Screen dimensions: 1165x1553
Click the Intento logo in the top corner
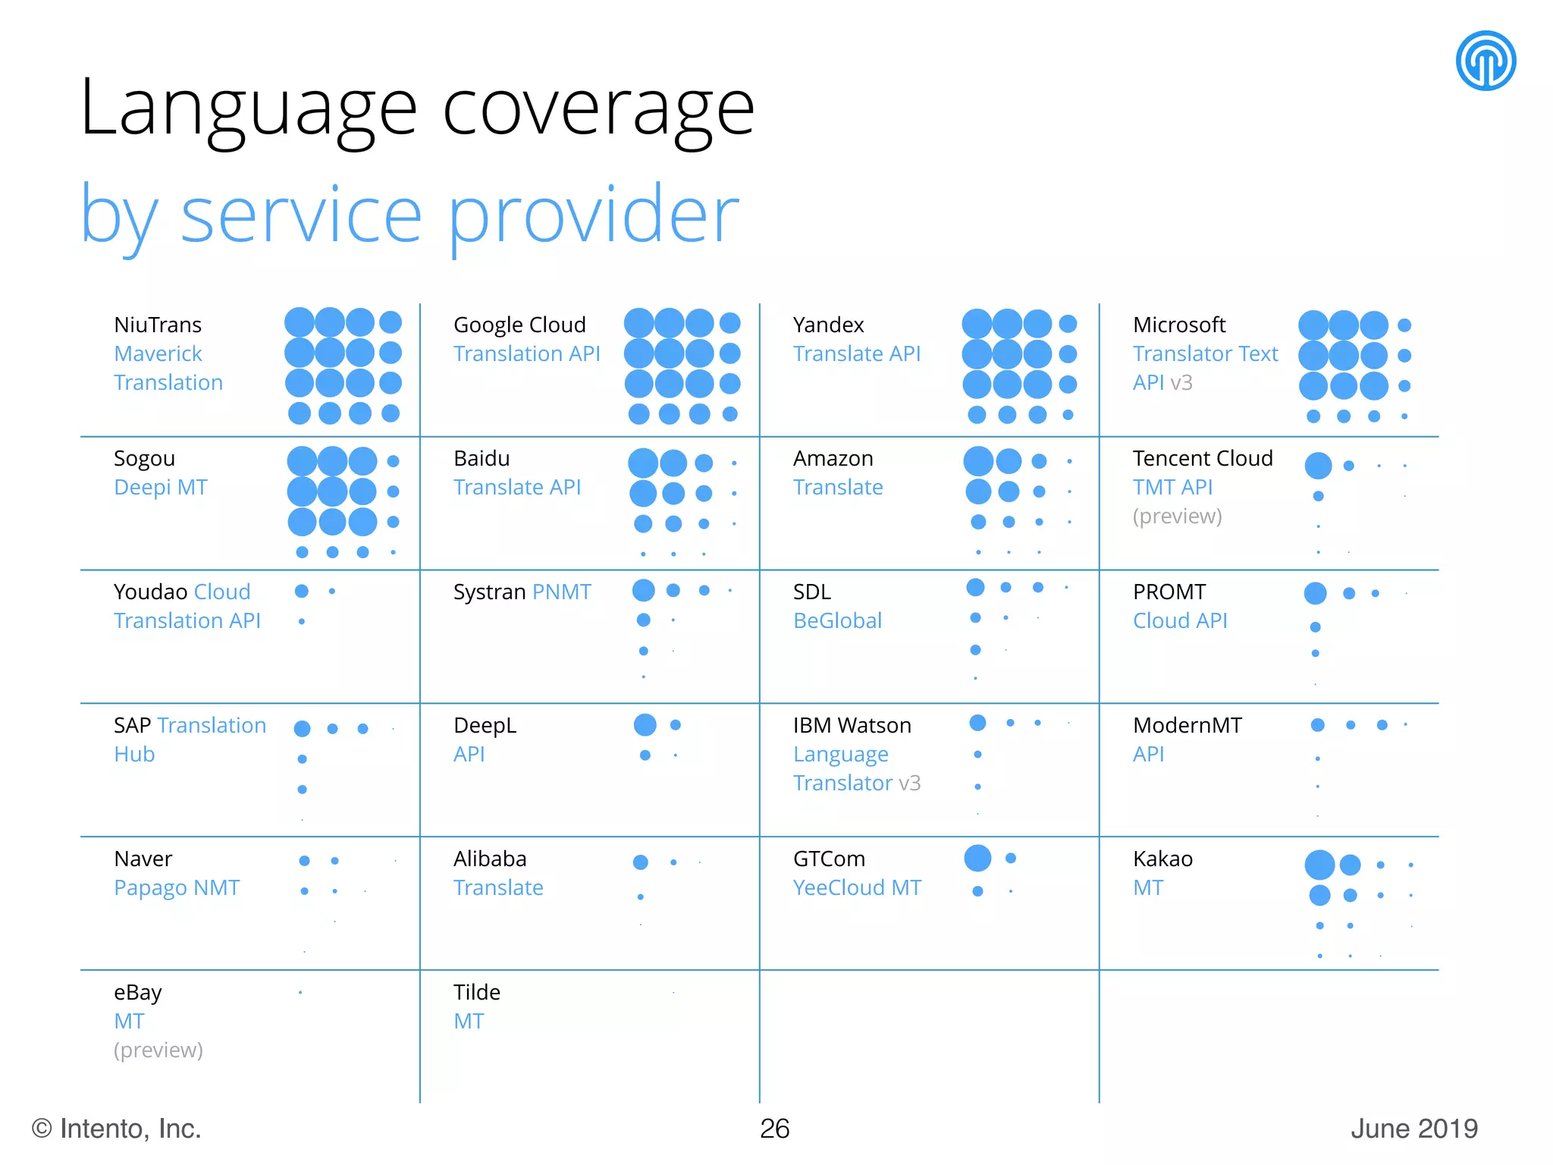pyautogui.click(x=1486, y=61)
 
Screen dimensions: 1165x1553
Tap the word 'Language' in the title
pyautogui.click(x=249, y=110)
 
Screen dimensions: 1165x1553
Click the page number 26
pyautogui.click(x=774, y=1129)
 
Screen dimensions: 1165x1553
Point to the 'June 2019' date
pyautogui.click(x=1413, y=1129)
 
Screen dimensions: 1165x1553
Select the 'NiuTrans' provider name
pyautogui.click(x=158, y=325)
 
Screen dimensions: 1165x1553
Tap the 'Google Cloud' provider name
pyautogui.click(x=519, y=325)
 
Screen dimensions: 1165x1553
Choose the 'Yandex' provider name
pyautogui.click(x=828, y=325)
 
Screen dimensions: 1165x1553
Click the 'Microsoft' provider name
pyautogui.click(x=1179, y=325)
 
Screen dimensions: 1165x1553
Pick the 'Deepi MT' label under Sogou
pyautogui.click(x=161, y=488)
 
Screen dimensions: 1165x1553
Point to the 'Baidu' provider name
pyautogui.click(x=482, y=458)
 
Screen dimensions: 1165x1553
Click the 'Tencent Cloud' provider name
pyautogui.click(x=1203, y=458)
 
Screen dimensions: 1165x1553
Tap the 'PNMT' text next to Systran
pyautogui.click(x=562, y=592)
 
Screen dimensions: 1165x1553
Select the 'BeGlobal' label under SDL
pyautogui.click(x=837, y=620)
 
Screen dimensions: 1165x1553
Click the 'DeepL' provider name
pyautogui.click(x=485, y=725)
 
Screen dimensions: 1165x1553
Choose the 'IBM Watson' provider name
pyautogui.click(x=852, y=725)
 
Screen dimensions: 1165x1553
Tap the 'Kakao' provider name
pyautogui.click(x=1162, y=859)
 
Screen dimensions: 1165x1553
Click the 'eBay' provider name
pyautogui.click(x=138, y=992)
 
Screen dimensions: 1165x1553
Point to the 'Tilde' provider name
pyautogui.click(x=476, y=992)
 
